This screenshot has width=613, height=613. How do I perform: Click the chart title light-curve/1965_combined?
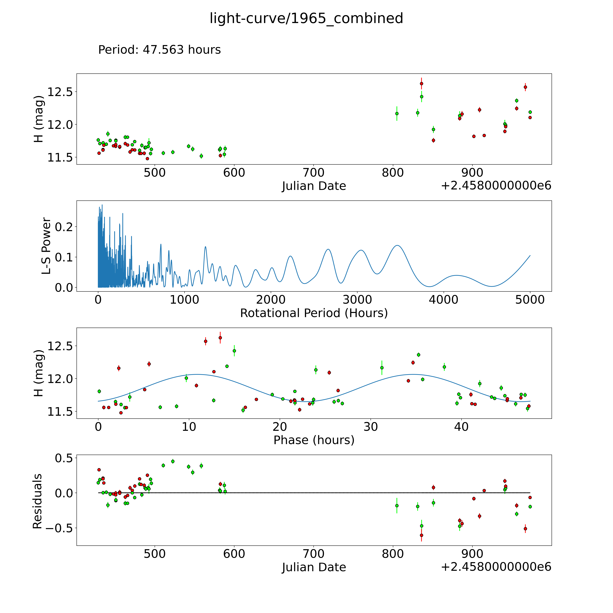pos(306,18)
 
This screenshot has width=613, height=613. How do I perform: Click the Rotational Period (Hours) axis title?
pos(314,313)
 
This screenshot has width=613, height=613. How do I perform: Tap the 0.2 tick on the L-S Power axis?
pos(64,227)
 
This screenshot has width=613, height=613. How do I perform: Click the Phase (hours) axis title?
pos(314,440)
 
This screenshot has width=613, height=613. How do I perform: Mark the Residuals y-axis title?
pos(37,501)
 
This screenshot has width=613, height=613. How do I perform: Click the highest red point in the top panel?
pos(421,83)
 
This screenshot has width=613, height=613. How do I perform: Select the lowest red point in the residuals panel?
pos(421,535)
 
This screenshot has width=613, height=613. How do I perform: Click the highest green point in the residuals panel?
pos(173,461)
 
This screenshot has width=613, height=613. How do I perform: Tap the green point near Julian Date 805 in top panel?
pos(397,113)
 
